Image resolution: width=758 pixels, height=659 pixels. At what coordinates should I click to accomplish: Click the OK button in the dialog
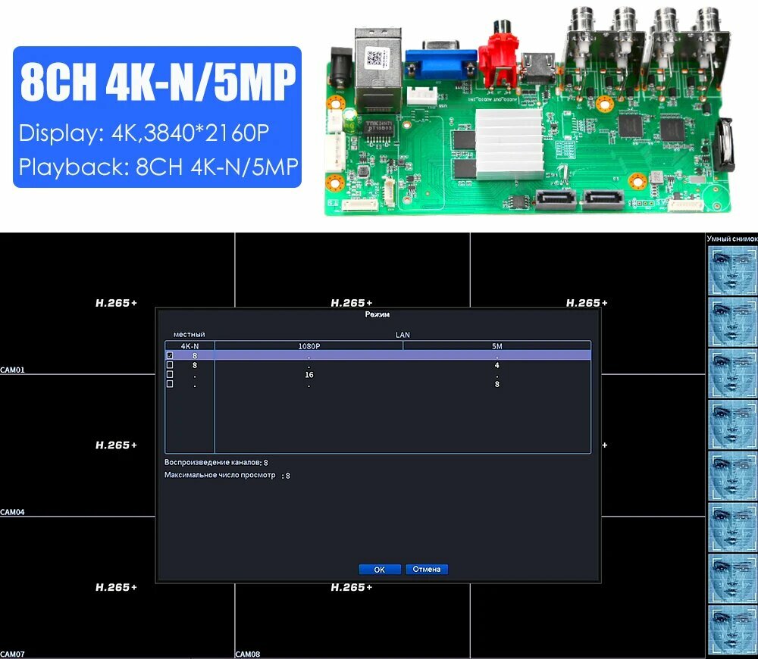(x=380, y=569)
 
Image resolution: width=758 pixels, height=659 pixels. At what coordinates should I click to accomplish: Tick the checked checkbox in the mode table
(x=170, y=355)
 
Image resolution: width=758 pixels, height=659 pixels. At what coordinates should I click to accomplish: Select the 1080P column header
(x=309, y=346)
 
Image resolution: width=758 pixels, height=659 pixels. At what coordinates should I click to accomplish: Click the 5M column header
(x=496, y=346)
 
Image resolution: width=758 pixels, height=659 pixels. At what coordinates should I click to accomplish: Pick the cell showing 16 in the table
(x=309, y=375)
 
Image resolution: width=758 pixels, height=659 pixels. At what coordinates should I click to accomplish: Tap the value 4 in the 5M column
(x=496, y=365)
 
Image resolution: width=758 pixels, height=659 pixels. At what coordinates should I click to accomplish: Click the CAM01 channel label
(x=13, y=370)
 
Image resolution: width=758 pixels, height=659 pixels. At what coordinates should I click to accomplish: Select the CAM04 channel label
(x=13, y=512)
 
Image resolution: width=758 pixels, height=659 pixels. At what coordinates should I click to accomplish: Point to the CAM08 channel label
(x=248, y=654)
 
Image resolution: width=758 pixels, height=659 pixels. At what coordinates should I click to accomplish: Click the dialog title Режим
(x=377, y=314)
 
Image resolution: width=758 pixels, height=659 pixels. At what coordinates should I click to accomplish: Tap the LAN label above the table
(x=402, y=334)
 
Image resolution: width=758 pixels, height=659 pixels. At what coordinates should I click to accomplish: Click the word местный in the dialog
(x=189, y=334)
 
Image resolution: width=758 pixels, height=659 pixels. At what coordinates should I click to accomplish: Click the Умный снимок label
(x=731, y=239)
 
